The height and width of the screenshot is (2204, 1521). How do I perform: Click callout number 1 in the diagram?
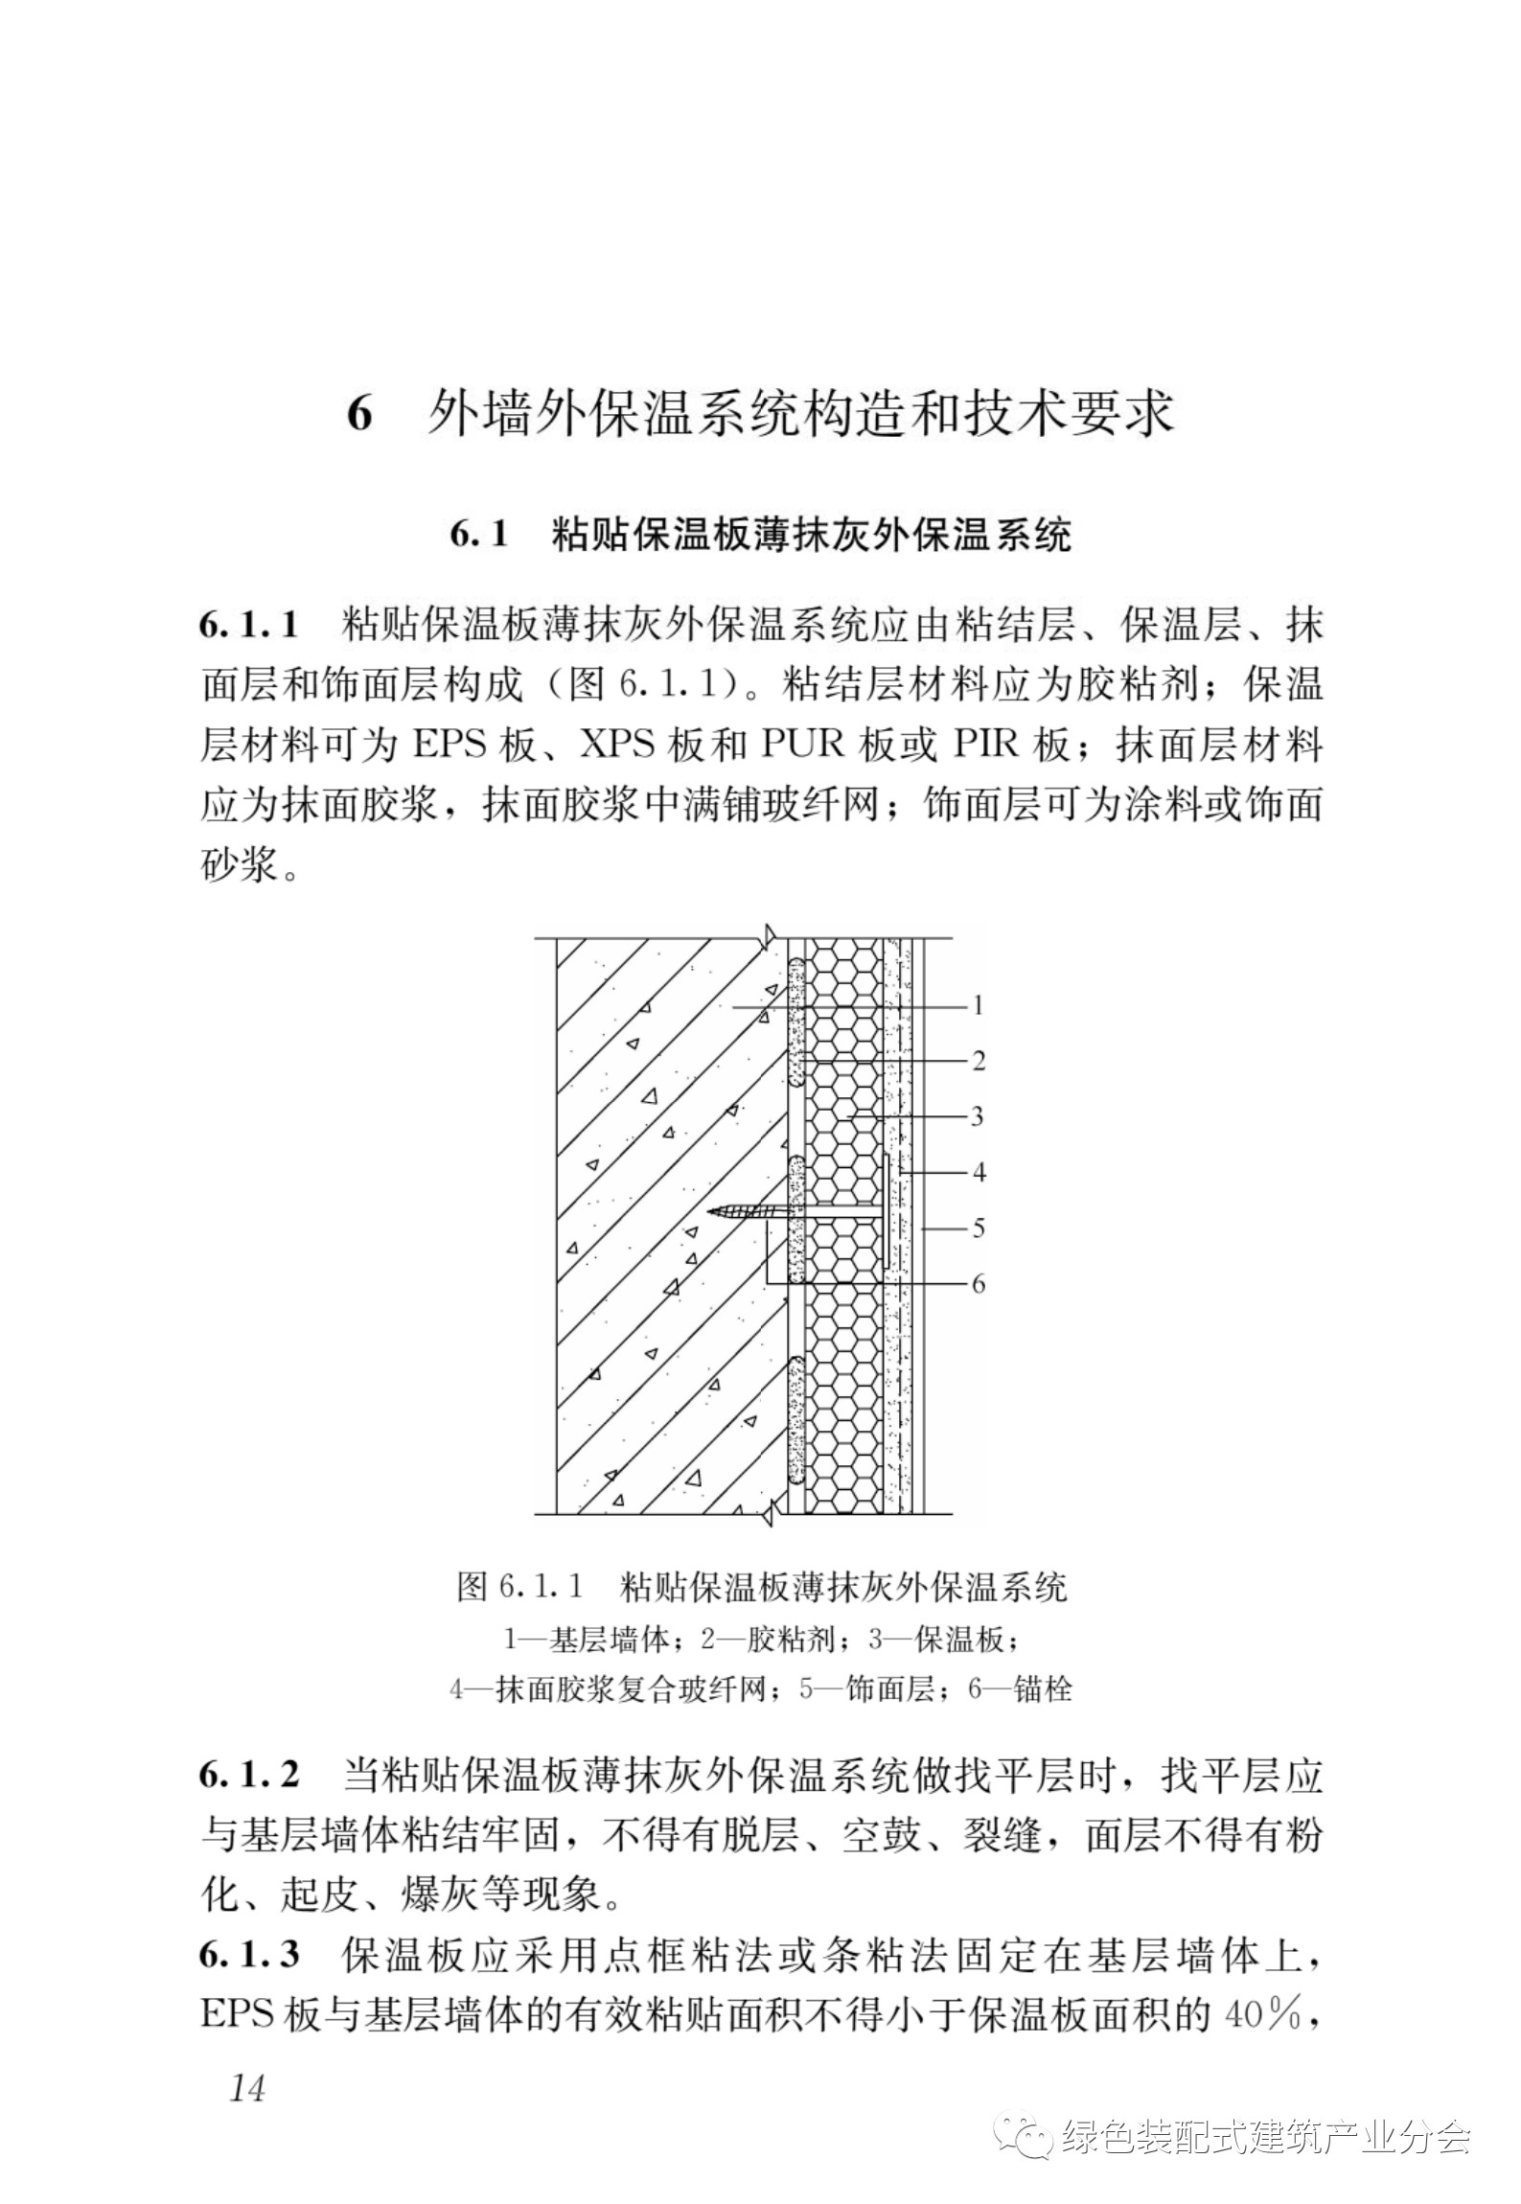coord(978,1005)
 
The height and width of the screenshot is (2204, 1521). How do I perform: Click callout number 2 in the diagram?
coord(978,1061)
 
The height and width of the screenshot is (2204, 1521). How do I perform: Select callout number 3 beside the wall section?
coord(978,1116)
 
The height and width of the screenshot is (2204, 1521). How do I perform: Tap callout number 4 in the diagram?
coord(978,1172)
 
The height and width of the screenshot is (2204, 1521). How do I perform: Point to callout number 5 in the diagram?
coord(978,1228)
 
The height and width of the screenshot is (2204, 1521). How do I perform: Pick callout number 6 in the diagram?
coord(978,1283)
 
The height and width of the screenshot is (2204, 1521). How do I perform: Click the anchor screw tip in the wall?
coord(711,1211)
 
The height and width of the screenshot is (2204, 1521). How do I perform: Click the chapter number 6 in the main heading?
coord(358,414)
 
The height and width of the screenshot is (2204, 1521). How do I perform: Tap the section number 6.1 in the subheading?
coord(478,535)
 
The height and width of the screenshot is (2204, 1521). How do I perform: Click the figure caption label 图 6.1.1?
coord(520,1588)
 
